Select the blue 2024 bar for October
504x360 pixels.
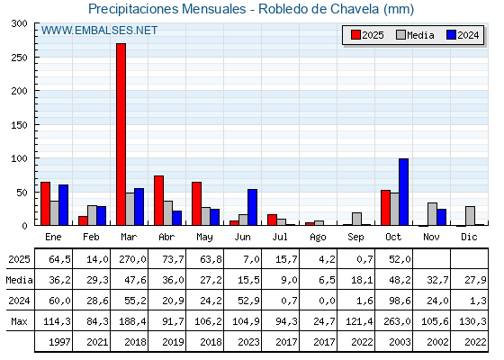coord(403,192)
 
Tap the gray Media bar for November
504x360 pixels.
coord(432,214)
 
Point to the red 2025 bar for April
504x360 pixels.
coord(158,201)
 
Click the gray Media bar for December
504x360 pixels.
coord(470,216)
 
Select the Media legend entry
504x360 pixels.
coord(414,35)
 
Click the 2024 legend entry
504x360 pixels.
coord(463,35)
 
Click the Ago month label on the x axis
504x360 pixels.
coord(318,236)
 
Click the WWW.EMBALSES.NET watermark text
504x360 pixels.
coord(99,31)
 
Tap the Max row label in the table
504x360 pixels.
coord(18,321)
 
